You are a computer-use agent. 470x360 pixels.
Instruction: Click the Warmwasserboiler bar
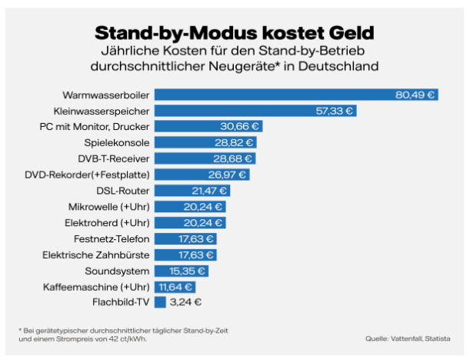pyautogui.click(x=296, y=95)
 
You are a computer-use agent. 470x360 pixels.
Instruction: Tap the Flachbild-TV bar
pyautogui.click(x=160, y=302)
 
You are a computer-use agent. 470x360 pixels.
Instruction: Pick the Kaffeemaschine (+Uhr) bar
pyautogui.click(x=175, y=286)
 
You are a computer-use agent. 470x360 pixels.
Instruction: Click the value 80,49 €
pyautogui.click(x=415, y=95)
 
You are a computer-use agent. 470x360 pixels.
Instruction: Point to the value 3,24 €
pyautogui.click(x=185, y=302)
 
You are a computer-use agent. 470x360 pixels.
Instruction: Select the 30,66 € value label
pyautogui.click(x=241, y=126)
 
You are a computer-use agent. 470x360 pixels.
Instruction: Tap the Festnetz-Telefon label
pyautogui.click(x=112, y=238)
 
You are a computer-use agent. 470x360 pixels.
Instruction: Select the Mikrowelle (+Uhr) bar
pyautogui.click(x=190, y=206)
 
